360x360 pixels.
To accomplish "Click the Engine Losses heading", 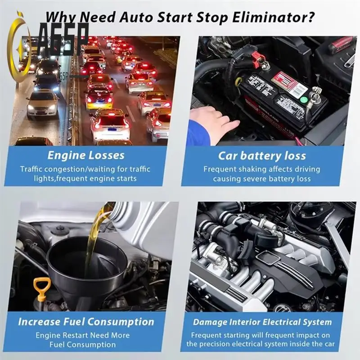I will click(x=86, y=156).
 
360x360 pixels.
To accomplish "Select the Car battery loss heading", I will click(x=262, y=156).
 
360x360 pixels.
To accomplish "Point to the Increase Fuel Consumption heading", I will click(x=86, y=322).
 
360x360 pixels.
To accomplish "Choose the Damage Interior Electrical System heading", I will click(x=262, y=322).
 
